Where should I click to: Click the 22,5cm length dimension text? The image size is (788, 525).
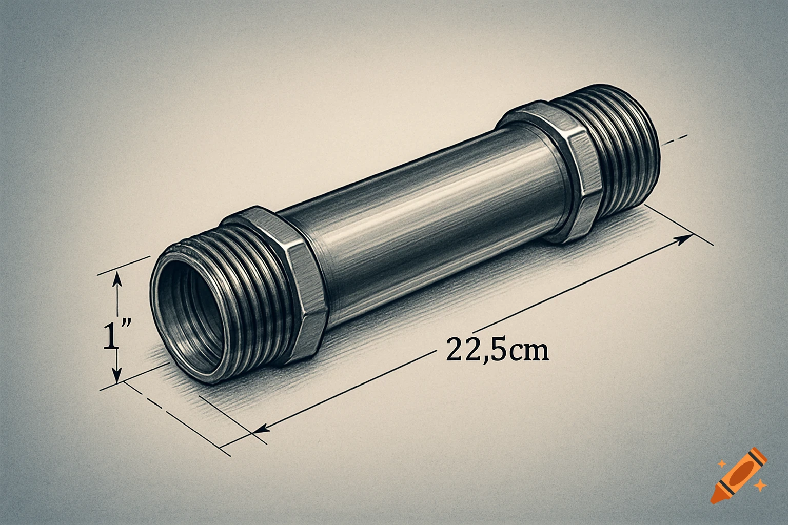[497, 350]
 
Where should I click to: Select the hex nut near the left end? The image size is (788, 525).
[287, 277]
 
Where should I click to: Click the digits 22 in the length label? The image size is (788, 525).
[461, 350]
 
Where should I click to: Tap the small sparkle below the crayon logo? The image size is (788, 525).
[762, 484]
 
